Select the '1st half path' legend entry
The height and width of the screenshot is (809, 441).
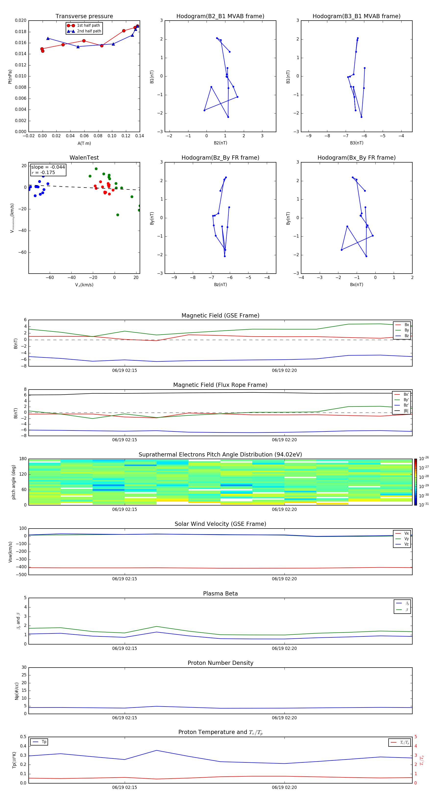click(88, 25)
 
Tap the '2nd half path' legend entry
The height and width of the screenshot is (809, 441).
click(89, 31)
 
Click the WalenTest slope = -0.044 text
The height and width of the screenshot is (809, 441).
click(48, 167)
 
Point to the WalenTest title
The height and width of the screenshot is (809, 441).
click(84, 158)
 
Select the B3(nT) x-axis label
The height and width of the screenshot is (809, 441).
click(356, 143)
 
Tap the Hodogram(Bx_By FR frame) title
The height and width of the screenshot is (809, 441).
click(356, 158)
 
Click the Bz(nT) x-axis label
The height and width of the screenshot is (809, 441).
click(220, 285)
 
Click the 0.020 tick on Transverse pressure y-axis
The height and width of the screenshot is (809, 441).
click(21, 20)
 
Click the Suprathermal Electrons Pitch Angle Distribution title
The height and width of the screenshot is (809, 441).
click(220, 455)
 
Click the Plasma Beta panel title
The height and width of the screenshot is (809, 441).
click(220, 594)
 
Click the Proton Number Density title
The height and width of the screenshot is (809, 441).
click(220, 663)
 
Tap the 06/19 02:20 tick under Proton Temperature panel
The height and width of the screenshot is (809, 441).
click(284, 787)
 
